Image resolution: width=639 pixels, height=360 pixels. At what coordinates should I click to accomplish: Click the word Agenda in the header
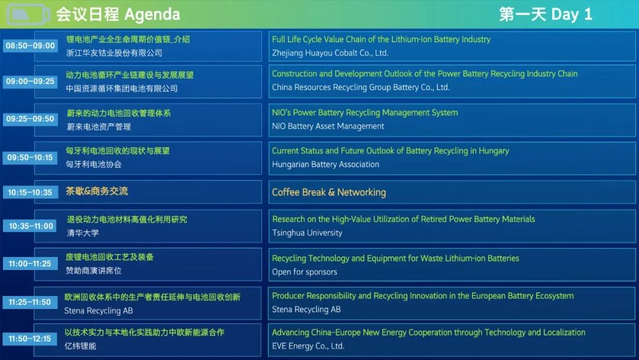coord(152,15)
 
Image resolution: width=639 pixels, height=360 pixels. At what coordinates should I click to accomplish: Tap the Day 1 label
coord(572,14)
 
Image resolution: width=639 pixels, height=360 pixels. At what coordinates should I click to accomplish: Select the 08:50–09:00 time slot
coord(30,46)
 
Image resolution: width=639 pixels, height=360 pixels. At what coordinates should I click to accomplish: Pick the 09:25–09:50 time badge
coord(30,118)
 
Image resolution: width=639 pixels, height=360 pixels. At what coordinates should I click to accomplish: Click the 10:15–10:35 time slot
coord(30,192)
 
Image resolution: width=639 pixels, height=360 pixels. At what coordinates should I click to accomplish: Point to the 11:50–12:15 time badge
coord(30,339)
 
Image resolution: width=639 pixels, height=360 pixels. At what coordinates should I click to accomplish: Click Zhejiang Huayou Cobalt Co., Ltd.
coord(330,53)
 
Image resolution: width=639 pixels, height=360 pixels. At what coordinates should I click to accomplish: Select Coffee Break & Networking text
coord(329,192)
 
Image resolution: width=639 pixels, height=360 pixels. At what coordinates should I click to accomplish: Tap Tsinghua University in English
coord(307,233)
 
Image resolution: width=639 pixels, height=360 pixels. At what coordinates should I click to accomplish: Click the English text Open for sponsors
coord(305,272)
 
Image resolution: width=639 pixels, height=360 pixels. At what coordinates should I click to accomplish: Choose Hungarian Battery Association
coord(325,164)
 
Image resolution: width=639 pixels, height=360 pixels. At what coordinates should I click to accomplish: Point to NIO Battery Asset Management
coord(328,126)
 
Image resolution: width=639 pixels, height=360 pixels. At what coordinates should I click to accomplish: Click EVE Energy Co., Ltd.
coord(308,346)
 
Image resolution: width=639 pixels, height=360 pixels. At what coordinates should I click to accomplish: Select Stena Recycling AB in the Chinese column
coord(99,311)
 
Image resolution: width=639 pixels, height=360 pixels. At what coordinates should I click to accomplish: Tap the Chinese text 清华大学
coord(83,233)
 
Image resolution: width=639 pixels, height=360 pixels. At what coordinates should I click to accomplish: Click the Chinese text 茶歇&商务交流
coord(97,191)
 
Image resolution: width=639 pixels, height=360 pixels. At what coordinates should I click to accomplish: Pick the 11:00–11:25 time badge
coord(30,263)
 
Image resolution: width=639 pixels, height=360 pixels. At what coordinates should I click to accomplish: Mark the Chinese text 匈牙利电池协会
coord(93,164)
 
